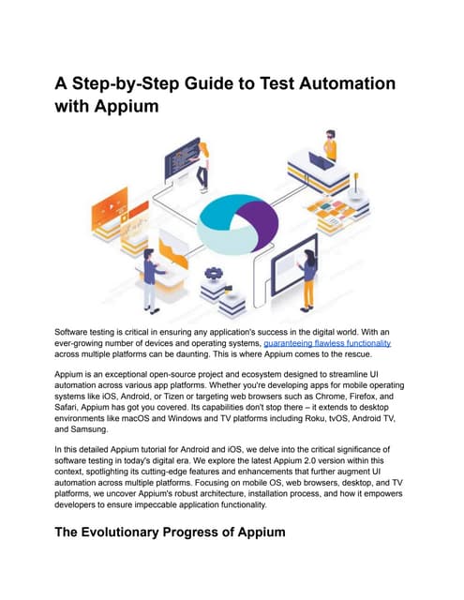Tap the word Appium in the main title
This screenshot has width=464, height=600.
pyautogui.click(x=127, y=106)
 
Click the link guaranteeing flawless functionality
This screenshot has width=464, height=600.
pyautogui.click(x=327, y=343)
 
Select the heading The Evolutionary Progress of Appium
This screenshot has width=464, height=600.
pyautogui.click(x=170, y=532)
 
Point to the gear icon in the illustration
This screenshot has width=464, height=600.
pyautogui.click(x=213, y=273)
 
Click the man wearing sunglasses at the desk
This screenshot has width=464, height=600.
pyautogui.click(x=330, y=145)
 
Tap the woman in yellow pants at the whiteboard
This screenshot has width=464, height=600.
pyautogui.click(x=308, y=279)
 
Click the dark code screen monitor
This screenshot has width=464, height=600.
pyautogui.click(x=182, y=158)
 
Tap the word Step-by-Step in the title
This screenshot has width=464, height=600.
pyautogui.click(x=125, y=84)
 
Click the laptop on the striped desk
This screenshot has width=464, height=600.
pyautogui.click(x=321, y=161)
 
